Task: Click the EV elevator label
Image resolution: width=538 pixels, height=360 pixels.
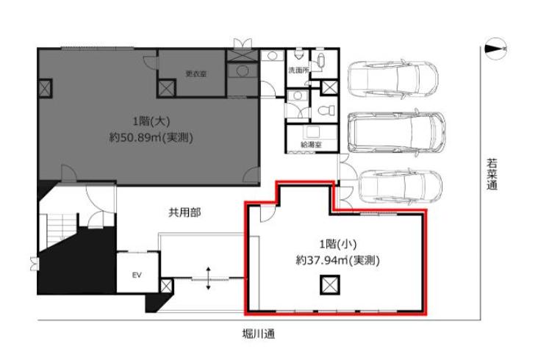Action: (137, 275)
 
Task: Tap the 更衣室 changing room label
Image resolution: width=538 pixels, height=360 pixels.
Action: (196, 73)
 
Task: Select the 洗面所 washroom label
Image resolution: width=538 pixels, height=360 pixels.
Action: (298, 71)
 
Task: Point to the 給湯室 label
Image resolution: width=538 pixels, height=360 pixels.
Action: (311, 145)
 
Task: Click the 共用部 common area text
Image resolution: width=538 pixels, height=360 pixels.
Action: (184, 213)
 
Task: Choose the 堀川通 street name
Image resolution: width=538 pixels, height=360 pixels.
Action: (259, 334)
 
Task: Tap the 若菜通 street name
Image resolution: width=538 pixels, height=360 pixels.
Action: (492, 174)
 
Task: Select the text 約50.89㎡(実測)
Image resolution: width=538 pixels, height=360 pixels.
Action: (151, 137)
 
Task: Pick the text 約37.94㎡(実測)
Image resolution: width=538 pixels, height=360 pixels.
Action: (337, 261)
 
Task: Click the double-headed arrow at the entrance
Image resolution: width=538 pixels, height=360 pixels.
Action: (208, 278)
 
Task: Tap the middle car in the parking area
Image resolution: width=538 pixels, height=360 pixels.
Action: (397, 133)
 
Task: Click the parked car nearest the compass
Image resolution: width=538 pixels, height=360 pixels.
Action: (393, 81)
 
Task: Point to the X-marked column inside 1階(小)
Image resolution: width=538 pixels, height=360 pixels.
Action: (330, 285)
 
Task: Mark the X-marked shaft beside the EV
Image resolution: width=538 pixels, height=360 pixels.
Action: (166, 286)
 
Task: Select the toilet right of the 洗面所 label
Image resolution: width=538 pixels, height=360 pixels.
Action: (321, 61)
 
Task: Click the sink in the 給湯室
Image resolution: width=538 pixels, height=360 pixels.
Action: (312, 132)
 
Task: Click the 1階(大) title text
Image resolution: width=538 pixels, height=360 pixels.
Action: (151, 121)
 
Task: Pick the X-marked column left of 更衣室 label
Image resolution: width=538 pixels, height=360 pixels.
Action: (166, 87)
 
